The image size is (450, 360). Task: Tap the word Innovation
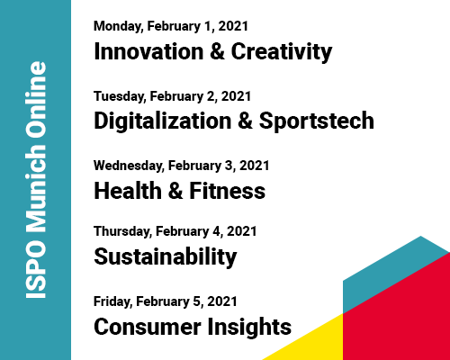[x=148, y=51]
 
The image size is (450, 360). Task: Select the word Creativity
[x=282, y=52]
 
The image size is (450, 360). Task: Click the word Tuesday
[x=120, y=96]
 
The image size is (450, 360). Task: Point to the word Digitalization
[x=163, y=121]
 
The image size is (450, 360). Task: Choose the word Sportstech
[x=317, y=121]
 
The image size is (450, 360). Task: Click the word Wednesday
[x=129, y=166]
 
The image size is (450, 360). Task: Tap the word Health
[x=128, y=191]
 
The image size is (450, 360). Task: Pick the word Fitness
[x=228, y=191]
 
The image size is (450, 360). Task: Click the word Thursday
[x=123, y=231]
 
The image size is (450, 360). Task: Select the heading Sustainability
[x=166, y=257]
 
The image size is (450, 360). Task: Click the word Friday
[x=113, y=301]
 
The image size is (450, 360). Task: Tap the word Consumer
[x=148, y=327]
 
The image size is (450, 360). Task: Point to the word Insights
[x=249, y=328]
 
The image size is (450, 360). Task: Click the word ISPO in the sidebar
[x=36, y=271]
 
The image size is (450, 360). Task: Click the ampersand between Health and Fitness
[x=175, y=191]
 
